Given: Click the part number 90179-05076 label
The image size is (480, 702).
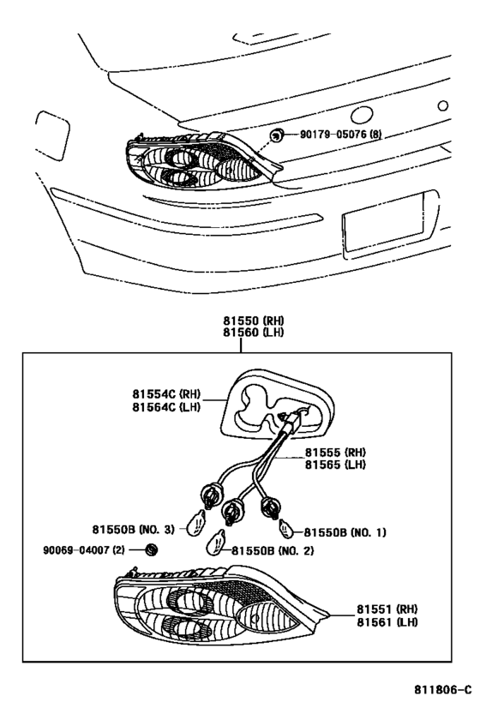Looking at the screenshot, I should pyautogui.click(x=341, y=134).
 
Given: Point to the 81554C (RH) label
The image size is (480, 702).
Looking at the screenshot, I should pyautogui.click(x=165, y=393).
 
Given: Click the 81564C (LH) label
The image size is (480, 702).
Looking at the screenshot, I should pyautogui.click(x=165, y=406).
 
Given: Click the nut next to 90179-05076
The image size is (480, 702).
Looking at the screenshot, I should pyautogui.click(x=279, y=134).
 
